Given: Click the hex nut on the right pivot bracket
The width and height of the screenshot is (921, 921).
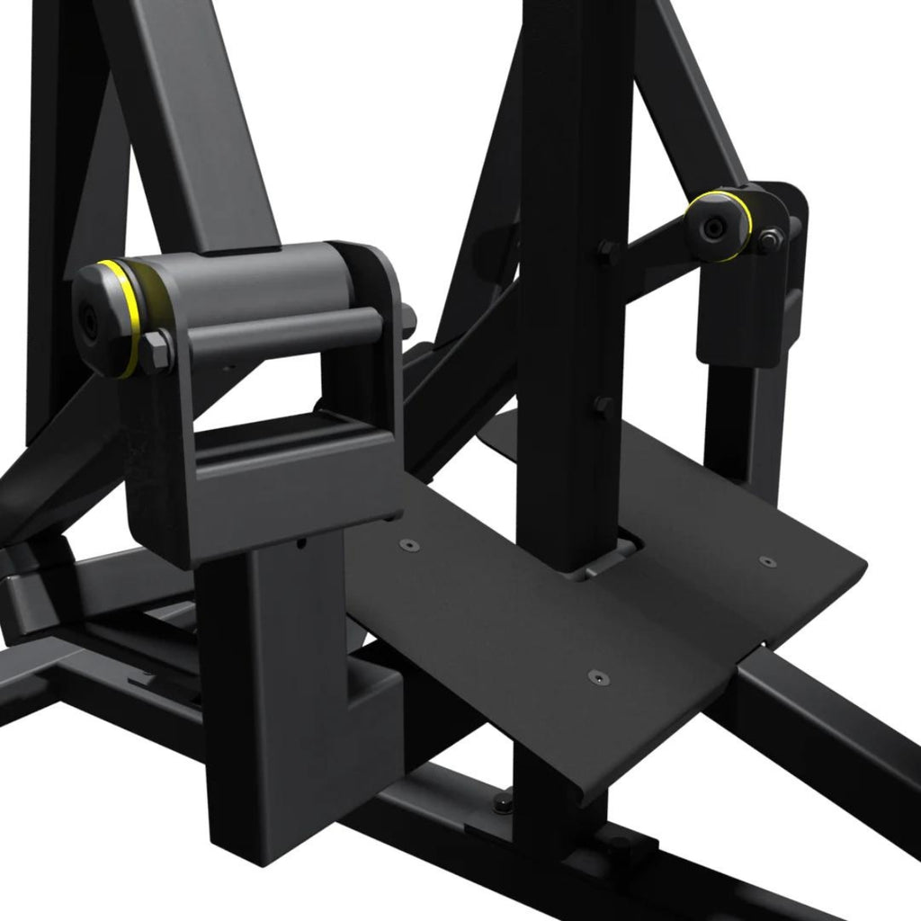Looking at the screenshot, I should (769, 240).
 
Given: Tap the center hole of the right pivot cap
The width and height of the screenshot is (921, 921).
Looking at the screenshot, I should (713, 228).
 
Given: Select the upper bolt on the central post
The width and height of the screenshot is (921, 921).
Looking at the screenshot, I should (606, 251).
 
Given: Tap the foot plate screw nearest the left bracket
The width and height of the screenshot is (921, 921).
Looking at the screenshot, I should (409, 545).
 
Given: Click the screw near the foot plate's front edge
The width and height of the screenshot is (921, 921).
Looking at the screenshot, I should (594, 675).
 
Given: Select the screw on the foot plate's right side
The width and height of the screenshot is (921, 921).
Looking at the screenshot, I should (765, 561).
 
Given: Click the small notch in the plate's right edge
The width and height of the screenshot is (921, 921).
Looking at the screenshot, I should (763, 644).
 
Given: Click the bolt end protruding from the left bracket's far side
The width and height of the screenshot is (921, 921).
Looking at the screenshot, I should (408, 317).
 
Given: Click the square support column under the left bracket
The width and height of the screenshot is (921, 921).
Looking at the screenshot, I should (270, 684).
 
